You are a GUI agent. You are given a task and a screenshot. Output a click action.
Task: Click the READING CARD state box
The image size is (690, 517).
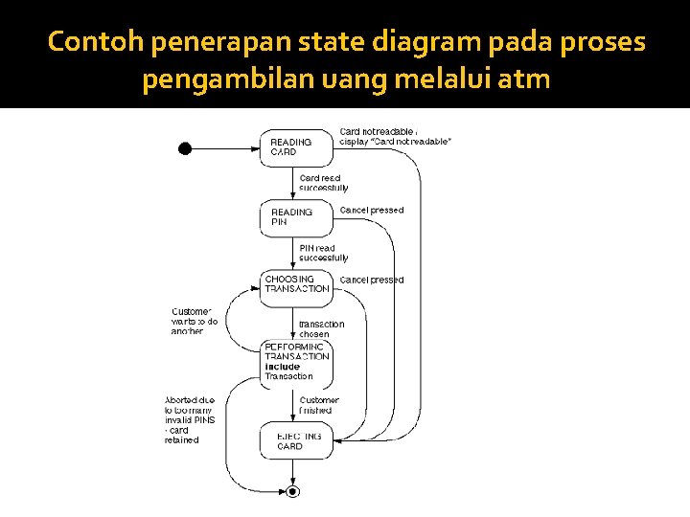297,146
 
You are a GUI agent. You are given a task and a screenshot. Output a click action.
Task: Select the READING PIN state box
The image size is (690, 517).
297,217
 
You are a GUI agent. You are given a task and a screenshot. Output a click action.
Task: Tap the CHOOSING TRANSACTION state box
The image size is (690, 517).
297,284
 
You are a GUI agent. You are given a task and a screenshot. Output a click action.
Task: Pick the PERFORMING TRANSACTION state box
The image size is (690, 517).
297,359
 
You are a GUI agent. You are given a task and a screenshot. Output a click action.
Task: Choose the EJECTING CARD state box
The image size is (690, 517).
297,440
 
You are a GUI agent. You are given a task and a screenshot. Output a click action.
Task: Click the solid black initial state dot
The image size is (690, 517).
185,147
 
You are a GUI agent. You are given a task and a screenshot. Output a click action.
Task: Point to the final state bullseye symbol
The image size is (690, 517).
294,491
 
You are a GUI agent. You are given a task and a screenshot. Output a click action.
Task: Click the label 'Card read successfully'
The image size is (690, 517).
323,183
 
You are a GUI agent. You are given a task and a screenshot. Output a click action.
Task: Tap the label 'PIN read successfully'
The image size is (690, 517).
323,253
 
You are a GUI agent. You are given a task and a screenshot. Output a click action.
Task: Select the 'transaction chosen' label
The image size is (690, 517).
321,329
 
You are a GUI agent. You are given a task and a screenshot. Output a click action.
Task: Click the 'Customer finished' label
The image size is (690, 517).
318,405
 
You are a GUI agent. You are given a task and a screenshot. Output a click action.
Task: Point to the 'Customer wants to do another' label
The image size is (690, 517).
194,321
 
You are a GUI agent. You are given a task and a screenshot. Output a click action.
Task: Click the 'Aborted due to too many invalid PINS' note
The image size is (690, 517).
190,419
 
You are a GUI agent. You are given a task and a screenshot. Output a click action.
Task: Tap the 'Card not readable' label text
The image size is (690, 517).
395,136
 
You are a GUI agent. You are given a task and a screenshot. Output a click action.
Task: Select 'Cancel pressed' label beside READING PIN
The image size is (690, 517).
372,210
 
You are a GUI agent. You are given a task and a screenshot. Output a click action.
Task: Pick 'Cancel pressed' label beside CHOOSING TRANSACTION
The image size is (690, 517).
372,280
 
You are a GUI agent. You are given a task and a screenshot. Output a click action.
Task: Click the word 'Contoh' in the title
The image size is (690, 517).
95,43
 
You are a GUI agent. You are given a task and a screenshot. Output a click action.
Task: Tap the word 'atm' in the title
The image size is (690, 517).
524,79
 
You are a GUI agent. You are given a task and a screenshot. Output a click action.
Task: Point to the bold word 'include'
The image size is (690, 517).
283,367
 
